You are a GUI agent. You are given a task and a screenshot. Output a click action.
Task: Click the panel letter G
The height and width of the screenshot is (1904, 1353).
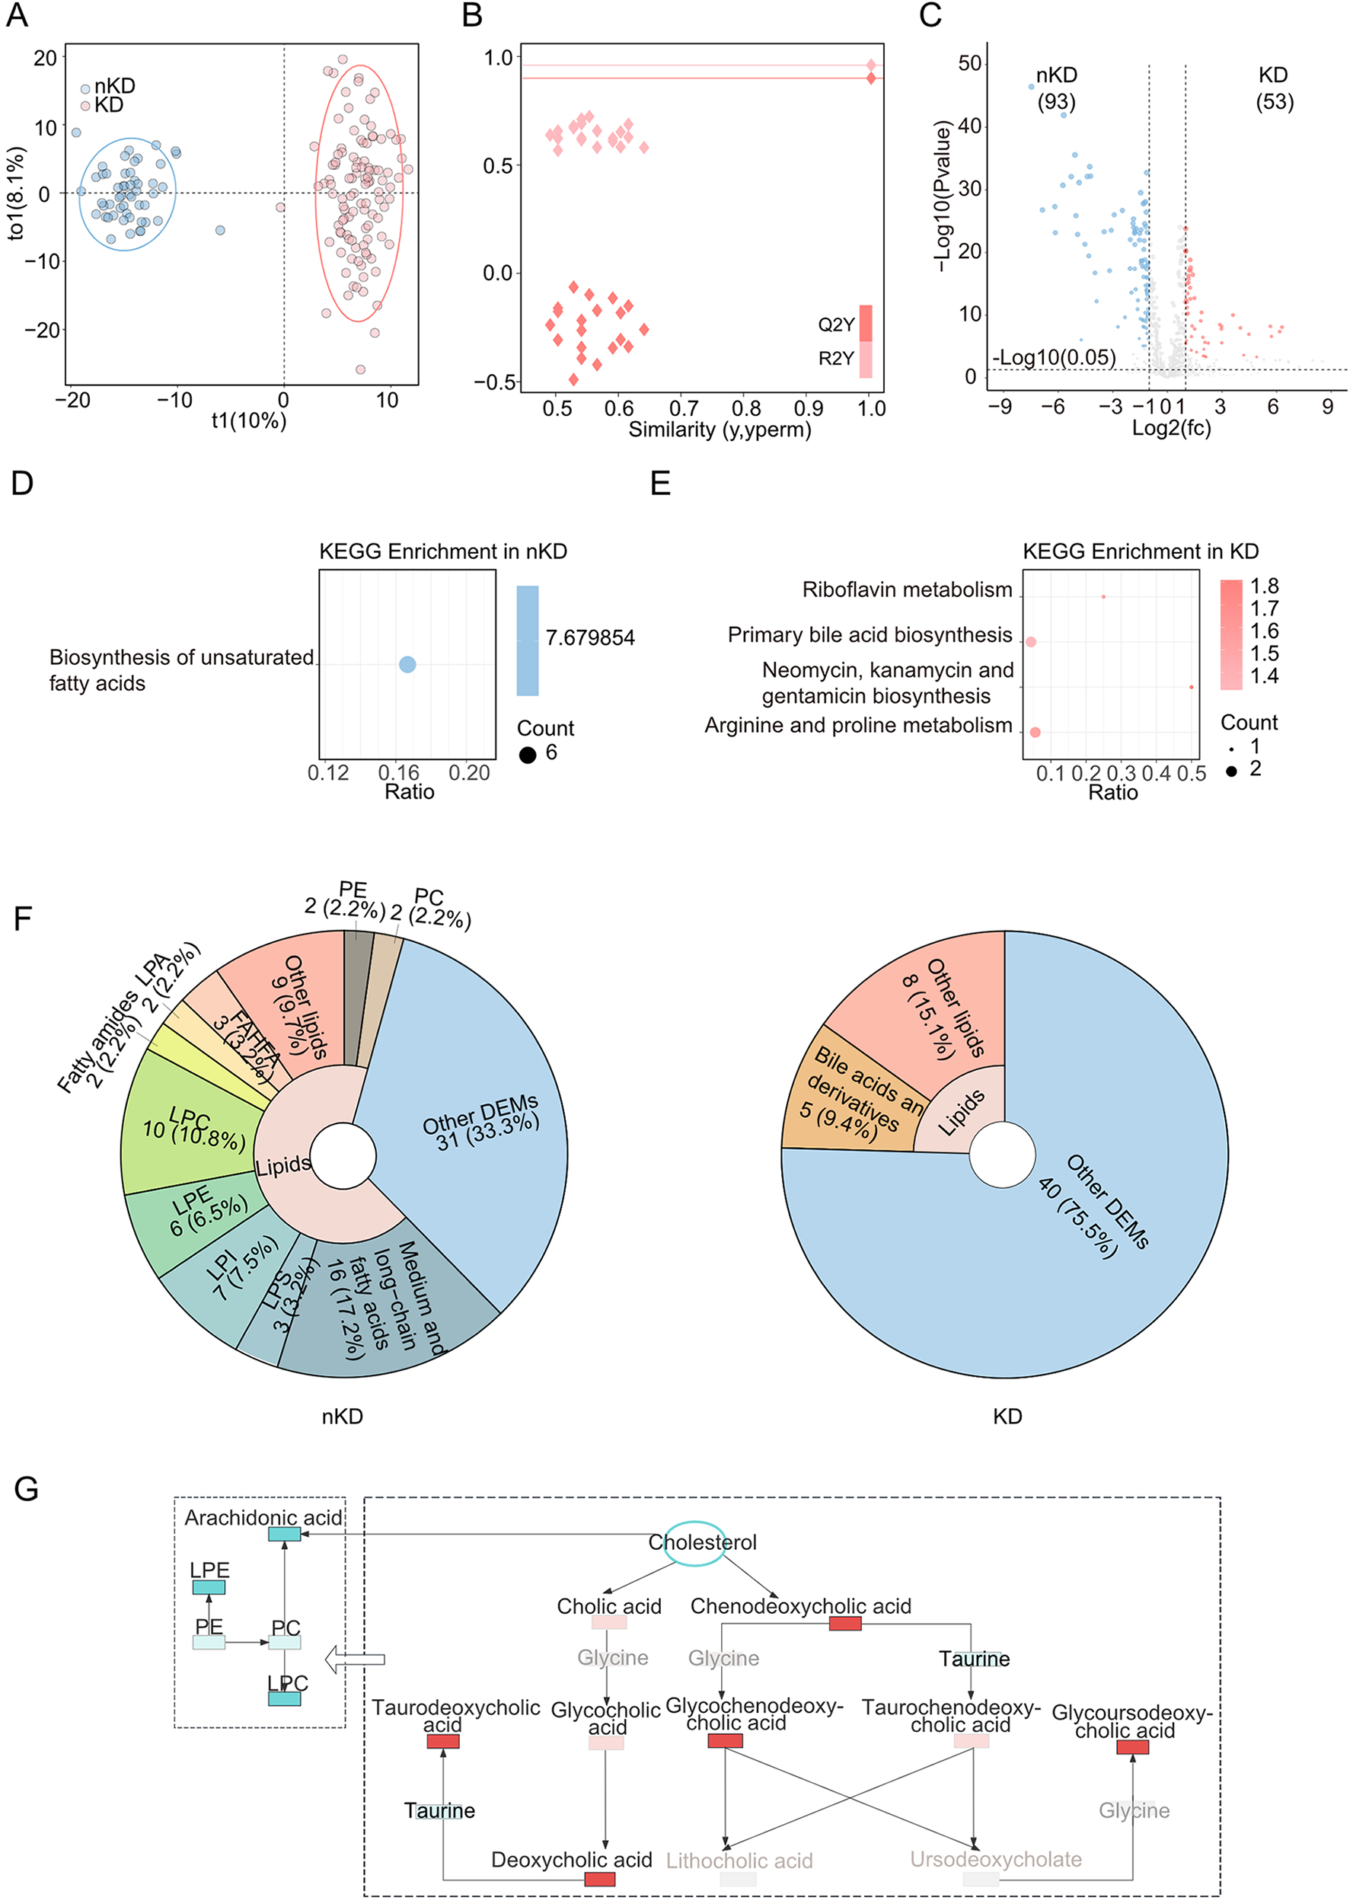(26, 1488)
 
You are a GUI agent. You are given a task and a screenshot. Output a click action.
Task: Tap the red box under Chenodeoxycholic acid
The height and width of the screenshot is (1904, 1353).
(845, 1623)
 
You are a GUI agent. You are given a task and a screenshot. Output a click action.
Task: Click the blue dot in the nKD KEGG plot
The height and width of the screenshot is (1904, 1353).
(407, 664)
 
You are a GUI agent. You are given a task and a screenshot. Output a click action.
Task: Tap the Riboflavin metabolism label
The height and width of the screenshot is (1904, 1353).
(907, 590)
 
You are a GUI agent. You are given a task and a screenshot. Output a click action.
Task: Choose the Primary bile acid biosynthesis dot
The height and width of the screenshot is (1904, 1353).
(1031, 641)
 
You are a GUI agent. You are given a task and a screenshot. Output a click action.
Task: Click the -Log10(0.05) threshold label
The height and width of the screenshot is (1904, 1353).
(1054, 357)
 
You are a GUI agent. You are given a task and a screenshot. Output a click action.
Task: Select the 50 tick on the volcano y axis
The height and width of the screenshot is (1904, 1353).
(970, 63)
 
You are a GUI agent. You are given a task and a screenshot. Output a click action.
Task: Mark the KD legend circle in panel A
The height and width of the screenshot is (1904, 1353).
(85, 106)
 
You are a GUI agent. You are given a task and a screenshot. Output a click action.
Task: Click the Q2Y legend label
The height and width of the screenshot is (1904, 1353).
(835, 324)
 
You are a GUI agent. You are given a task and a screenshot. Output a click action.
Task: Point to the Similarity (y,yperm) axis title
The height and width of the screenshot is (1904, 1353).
(719, 430)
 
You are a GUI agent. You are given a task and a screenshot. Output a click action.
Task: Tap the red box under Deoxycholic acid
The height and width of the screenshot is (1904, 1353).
(600, 1879)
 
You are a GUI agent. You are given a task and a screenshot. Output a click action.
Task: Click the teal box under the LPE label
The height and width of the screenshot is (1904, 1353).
(209, 1587)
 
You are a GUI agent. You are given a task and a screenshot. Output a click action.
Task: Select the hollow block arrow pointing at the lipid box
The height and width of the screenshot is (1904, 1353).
(354, 1659)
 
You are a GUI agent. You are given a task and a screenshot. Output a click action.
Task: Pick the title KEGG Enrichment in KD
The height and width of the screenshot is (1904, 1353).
(1140, 551)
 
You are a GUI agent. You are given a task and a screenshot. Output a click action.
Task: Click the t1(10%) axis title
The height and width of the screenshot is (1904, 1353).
(248, 421)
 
